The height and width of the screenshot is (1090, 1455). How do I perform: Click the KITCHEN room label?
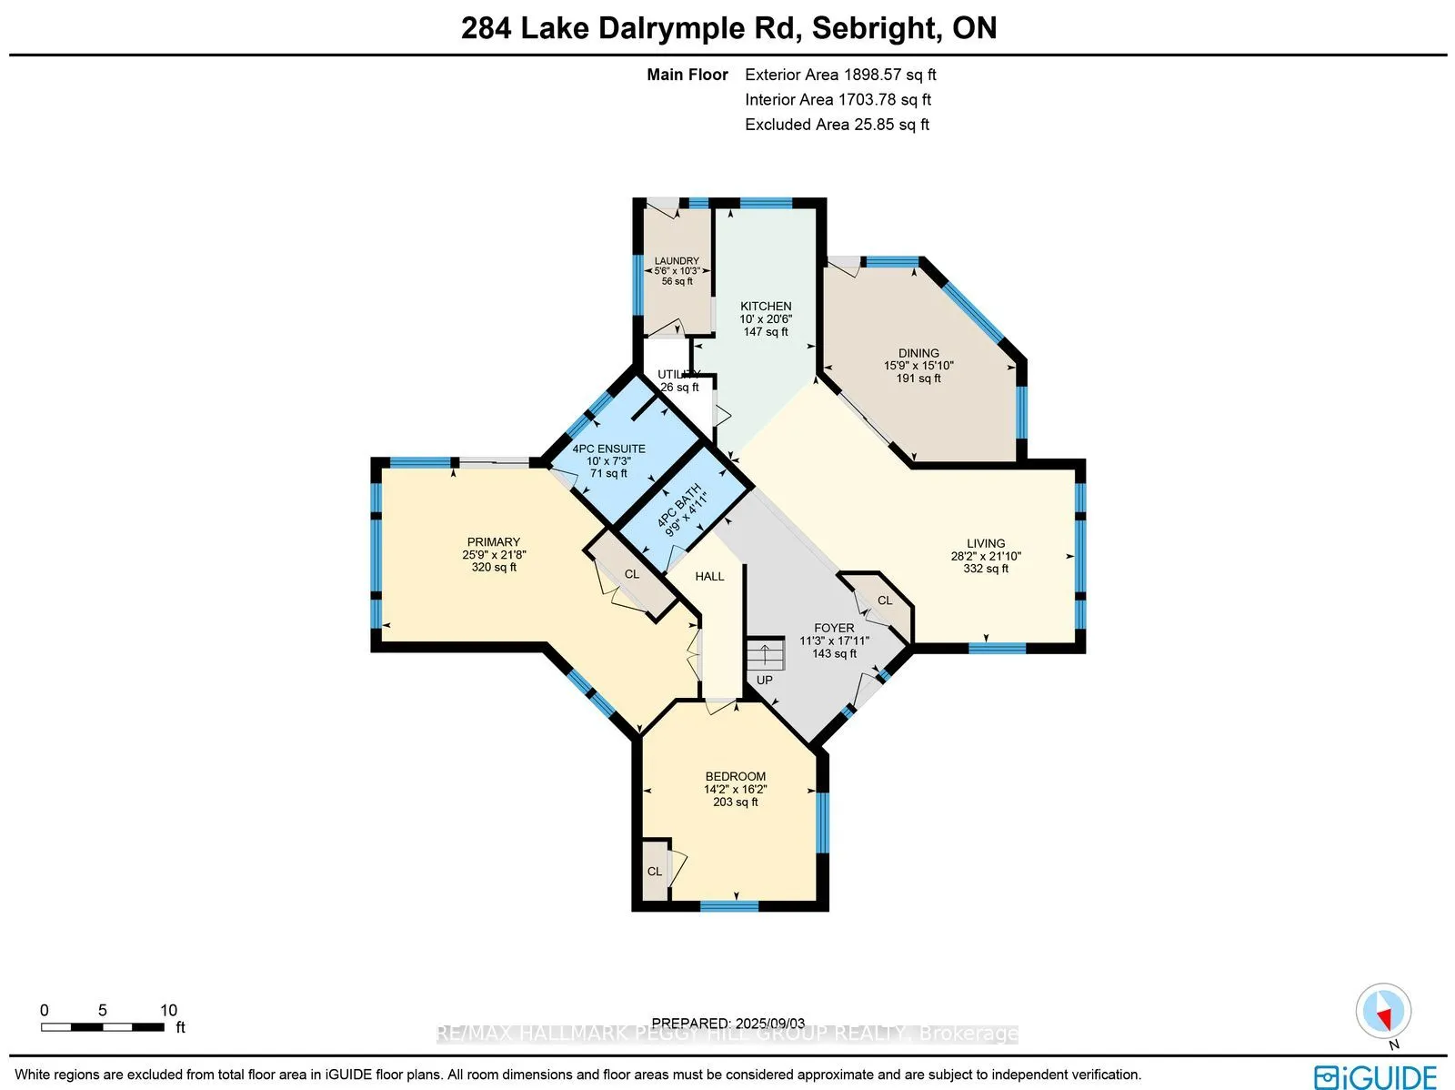[x=766, y=307]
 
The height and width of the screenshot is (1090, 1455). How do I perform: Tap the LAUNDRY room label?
[x=677, y=261]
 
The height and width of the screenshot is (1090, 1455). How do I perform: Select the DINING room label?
[x=918, y=353]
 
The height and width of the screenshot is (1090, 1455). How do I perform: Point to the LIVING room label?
[x=986, y=543]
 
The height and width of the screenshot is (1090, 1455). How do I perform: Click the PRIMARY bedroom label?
[x=494, y=542]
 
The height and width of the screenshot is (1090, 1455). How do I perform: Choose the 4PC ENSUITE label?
[x=608, y=449]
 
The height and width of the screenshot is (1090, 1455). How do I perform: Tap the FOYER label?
[x=834, y=628]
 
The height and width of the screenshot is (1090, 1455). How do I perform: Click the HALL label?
[x=709, y=576]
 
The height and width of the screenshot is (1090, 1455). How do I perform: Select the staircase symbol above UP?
[x=765, y=654]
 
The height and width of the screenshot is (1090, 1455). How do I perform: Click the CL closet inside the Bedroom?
[x=655, y=871]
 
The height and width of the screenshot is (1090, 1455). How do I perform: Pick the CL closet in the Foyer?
[x=885, y=601]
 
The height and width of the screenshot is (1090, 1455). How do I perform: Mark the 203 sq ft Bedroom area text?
[x=736, y=802]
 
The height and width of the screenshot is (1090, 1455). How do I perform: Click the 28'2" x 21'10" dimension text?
[x=986, y=556]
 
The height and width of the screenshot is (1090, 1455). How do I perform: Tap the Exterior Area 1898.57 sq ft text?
[x=840, y=75]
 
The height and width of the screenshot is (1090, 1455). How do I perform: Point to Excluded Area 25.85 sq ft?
[x=837, y=125]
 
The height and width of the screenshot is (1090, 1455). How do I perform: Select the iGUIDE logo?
[x=1375, y=1076]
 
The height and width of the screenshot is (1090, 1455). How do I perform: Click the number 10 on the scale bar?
[x=168, y=1010]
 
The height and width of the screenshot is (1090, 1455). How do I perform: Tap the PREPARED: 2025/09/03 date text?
[x=728, y=1023]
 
